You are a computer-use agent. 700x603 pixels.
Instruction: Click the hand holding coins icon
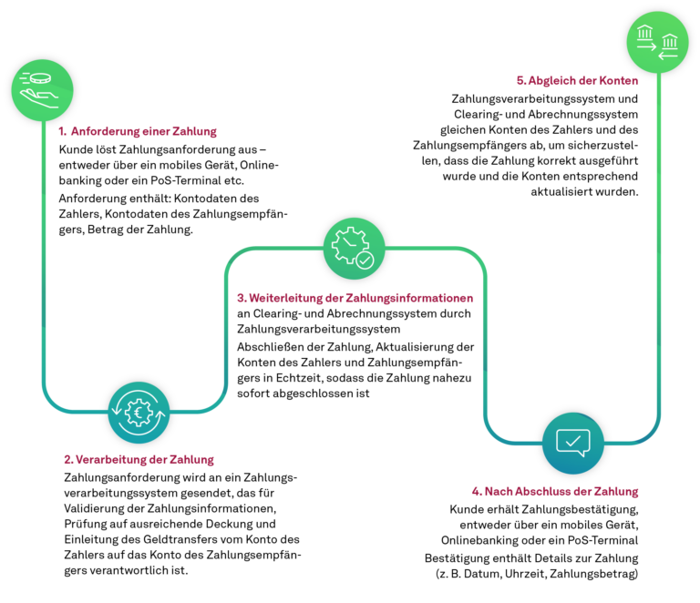(x=42, y=90)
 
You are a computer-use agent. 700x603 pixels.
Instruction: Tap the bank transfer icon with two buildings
(x=657, y=42)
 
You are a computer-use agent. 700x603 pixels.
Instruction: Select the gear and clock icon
(x=354, y=249)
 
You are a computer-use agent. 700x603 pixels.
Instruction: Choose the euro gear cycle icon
(x=139, y=413)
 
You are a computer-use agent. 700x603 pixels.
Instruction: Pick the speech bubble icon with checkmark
(x=572, y=444)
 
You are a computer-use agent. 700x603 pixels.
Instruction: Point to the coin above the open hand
(x=39, y=79)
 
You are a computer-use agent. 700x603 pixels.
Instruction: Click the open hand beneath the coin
(x=39, y=97)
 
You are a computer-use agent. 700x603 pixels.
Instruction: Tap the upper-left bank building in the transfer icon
(x=645, y=33)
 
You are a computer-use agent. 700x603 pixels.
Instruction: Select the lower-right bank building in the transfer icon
(x=670, y=41)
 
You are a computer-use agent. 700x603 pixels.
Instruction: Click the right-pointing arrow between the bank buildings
(x=647, y=46)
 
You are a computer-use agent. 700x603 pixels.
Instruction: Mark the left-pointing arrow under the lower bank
(x=668, y=56)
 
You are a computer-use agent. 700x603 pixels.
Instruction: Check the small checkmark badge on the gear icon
(x=365, y=261)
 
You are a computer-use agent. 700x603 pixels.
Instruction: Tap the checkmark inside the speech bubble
(x=572, y=442)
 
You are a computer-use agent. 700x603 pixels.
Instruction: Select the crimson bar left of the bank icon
(x=576, y=86)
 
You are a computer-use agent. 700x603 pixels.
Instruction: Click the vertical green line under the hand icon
(x=43, y=255)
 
